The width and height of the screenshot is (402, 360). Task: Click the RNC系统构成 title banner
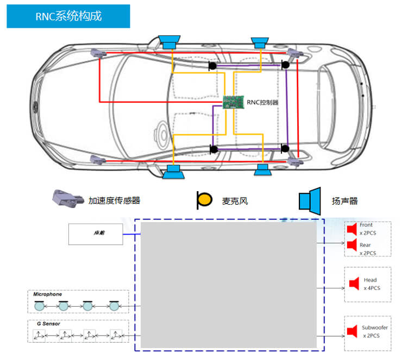[68, 16]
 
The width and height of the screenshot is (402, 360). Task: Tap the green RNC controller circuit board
[234, 102]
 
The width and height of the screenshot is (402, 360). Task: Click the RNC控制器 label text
[263, 102]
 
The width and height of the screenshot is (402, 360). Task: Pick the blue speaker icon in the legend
[310, 200]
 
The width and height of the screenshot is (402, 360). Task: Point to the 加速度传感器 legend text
[114, 200]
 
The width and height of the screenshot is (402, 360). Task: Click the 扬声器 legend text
[345, 201]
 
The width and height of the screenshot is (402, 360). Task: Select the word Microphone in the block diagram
[48, 294]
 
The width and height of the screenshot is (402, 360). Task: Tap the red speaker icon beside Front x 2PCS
[351, 228]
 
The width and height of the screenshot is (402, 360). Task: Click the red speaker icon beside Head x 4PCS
[354, 283]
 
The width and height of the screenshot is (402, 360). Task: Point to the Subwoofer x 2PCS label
[374, 332]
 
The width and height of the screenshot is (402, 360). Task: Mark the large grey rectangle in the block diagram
[228, 284]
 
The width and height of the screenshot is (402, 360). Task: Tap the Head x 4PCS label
[371, 284]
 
